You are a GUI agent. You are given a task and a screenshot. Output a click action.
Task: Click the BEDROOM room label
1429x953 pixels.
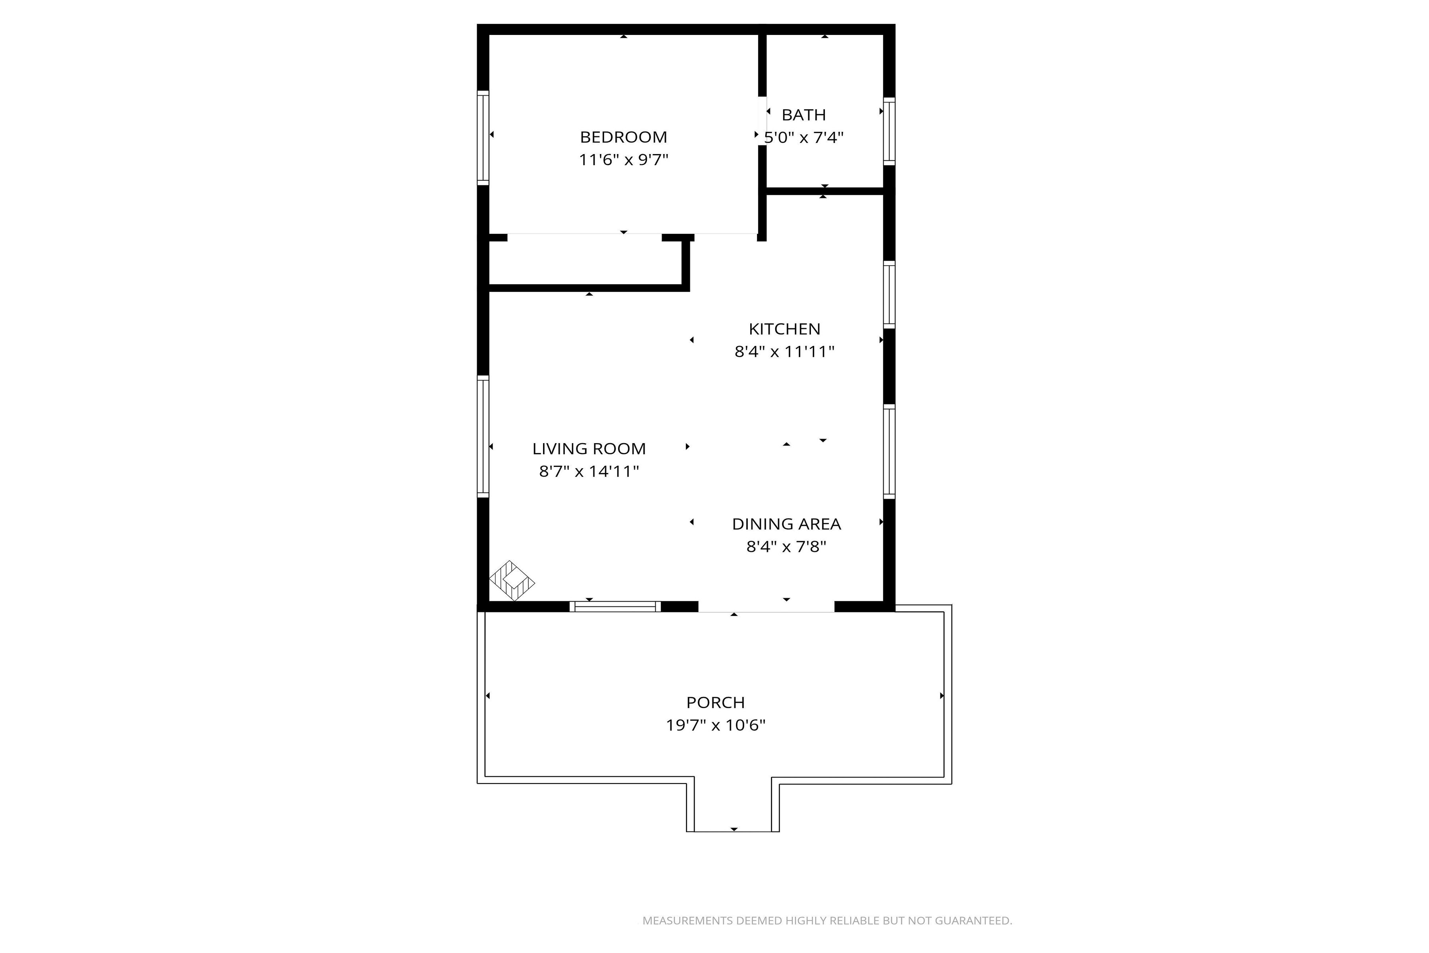click(623, 137)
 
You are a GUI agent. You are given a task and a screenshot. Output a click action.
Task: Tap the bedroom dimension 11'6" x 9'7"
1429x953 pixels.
click(623, 160)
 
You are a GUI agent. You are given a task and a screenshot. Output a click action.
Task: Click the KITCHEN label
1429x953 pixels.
click(784, 329)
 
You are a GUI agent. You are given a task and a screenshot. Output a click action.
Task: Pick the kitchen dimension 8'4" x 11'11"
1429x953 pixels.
click(784, 351)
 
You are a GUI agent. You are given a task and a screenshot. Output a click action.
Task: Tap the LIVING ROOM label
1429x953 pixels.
click(589, 449)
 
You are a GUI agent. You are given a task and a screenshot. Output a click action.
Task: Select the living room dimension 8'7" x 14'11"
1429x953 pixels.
click(589, 471)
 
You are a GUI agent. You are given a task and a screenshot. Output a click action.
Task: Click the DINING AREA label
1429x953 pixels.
click(786, 524)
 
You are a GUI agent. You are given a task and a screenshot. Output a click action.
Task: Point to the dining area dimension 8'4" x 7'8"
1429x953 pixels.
click(786, 546)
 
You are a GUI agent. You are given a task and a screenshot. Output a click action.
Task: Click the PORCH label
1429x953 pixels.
click(715, 702)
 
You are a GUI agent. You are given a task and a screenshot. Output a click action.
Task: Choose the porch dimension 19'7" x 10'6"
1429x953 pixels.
click(715, 725)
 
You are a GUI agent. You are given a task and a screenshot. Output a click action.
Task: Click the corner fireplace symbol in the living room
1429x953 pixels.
click(512, 581)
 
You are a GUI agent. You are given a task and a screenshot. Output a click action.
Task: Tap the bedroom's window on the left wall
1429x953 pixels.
click(483, 137)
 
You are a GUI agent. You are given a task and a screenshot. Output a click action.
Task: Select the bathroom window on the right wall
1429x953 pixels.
click(889, 131)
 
